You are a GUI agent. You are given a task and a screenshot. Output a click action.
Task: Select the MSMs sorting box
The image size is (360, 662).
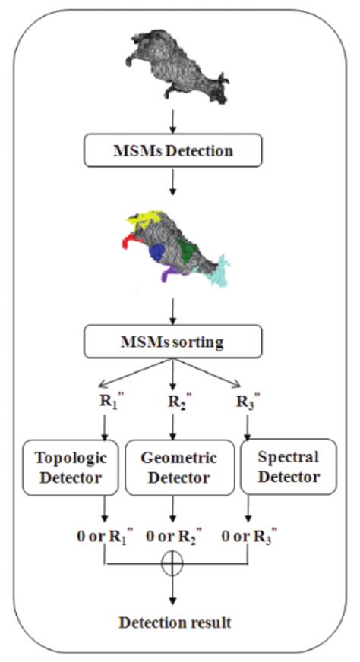(x=174, y=342)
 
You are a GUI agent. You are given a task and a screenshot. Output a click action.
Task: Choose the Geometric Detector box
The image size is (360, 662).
(x=179, y=468)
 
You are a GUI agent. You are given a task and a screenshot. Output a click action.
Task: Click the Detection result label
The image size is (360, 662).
(x=175, y=623)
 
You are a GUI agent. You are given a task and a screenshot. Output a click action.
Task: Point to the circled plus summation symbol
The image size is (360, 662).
(x=175, y=565)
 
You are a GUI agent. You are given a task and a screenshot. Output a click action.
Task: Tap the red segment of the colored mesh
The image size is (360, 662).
(x=130, y=243)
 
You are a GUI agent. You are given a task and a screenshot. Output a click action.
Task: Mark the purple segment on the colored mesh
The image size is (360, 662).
(x=171, y=273)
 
